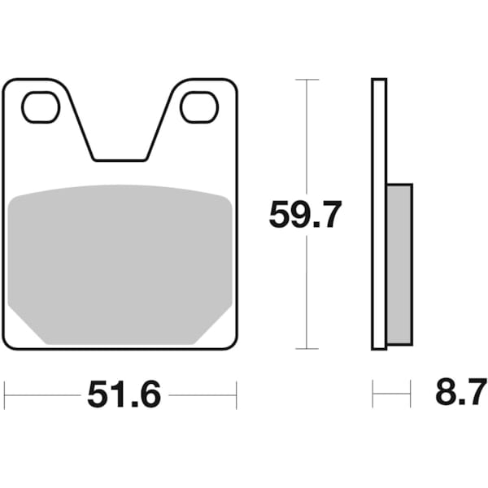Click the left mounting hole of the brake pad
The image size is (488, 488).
41,107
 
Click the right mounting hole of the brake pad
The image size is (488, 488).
199,107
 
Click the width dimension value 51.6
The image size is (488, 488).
124,395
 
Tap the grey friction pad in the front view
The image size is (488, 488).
120,260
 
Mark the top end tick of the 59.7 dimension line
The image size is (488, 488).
307,80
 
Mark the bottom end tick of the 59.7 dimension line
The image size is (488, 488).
307,349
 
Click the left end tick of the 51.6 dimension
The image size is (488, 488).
5,395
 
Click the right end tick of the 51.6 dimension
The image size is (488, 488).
237,395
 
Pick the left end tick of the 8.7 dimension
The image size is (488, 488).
373,395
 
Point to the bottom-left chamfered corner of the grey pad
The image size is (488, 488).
24,325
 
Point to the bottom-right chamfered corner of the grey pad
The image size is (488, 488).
216,325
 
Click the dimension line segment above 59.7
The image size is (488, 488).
307,138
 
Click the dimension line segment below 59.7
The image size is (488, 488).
307,293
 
